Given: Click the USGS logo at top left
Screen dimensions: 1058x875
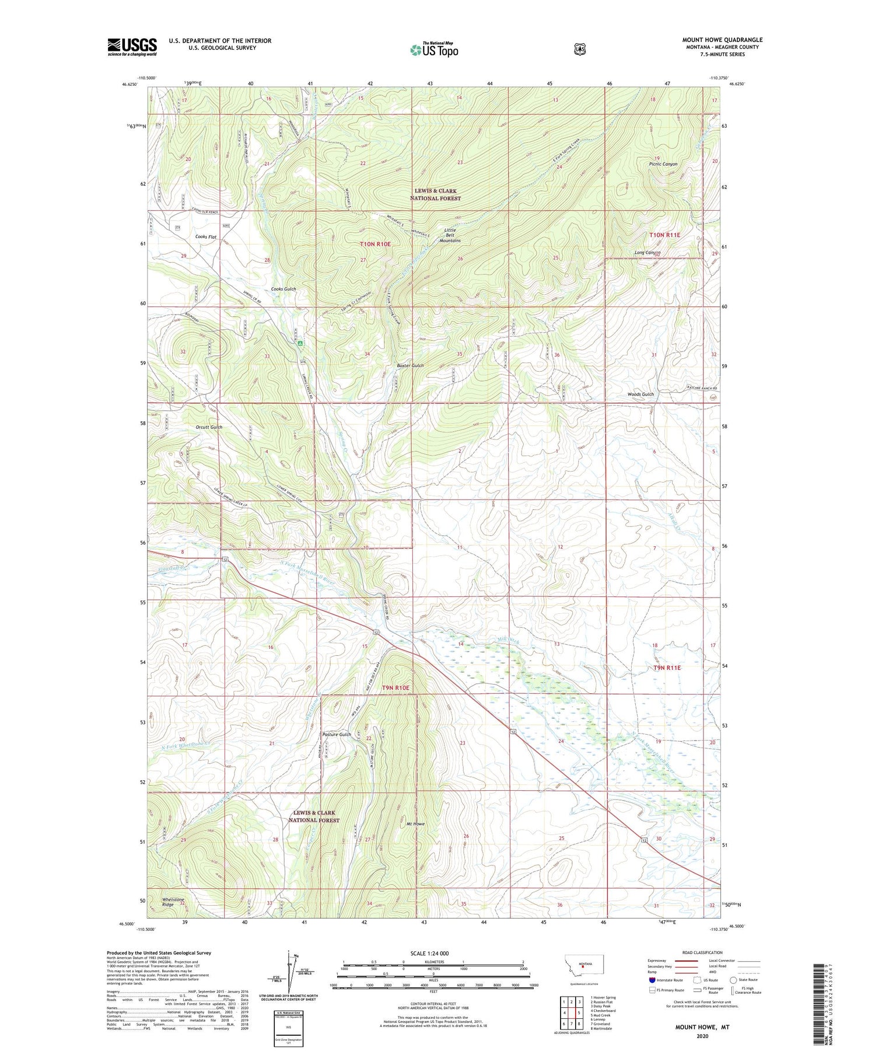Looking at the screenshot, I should tap(132, 46).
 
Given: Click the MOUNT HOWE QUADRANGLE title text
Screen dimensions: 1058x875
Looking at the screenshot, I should tap(722, 40).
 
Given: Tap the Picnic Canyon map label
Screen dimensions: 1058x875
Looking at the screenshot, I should tap(663, 164).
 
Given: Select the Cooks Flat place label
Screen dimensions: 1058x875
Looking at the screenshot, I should tap(206, 237).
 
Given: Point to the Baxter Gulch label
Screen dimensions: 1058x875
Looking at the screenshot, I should tap(410, 365).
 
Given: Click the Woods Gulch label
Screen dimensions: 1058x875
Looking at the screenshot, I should tap(640, 394).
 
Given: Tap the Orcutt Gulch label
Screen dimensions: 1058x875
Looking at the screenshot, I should tap(209, 427).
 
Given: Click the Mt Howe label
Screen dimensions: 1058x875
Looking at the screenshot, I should tap(415, 824).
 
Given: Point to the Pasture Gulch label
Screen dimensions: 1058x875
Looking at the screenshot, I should tap(337, 734).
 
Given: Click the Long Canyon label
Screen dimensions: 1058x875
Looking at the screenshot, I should tap(647, 253).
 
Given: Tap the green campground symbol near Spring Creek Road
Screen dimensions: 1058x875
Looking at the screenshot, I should tap(300, 344).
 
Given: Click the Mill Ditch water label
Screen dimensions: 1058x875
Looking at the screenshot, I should tap(507, 640).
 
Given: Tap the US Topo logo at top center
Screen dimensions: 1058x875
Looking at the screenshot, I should tap(434, 50).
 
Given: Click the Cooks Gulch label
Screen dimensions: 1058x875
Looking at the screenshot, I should tap(283, 289).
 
